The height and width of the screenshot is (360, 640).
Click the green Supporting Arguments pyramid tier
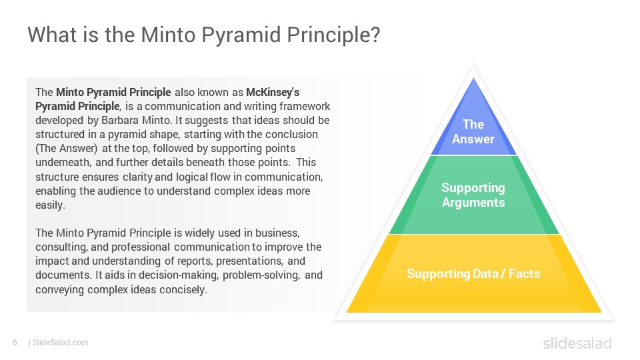click(x=473, y=195)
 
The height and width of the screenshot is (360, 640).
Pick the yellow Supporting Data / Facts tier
click(x=473, y=273)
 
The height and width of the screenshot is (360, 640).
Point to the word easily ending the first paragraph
click(x=50, y=205)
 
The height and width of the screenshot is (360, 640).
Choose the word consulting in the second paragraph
click(x=58, y=247)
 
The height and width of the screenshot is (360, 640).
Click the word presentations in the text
click(x=257, y=261)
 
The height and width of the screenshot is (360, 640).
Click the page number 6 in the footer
click(x=15, y=343)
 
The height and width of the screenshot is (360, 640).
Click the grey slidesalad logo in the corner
click(x=577, y=343)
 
